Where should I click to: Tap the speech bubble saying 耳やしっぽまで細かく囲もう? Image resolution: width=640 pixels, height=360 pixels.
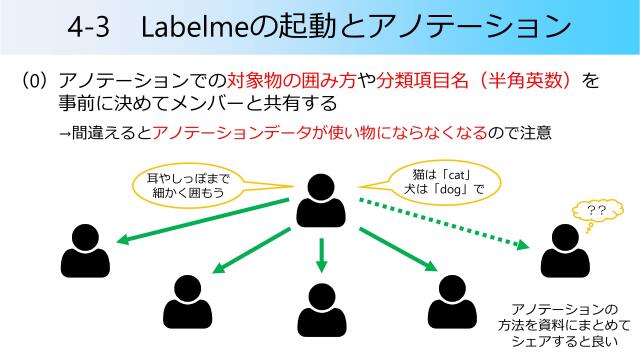(x=184, y=185)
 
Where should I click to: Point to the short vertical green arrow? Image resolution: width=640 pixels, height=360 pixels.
(x=320, y=254)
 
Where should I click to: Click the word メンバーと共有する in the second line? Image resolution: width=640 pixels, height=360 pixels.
(x=259, y=103)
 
